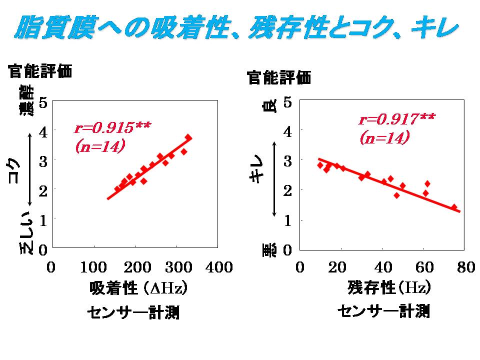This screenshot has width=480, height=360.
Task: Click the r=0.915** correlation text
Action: point(112,127)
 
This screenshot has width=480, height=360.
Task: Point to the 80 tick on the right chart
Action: point(465,267)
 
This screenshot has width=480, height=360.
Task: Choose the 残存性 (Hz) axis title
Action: point(388,288)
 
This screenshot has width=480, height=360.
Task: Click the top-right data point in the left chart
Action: point(188,137)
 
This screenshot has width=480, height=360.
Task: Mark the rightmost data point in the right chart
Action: point(454,207)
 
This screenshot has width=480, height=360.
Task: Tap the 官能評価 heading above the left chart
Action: point(40,71)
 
